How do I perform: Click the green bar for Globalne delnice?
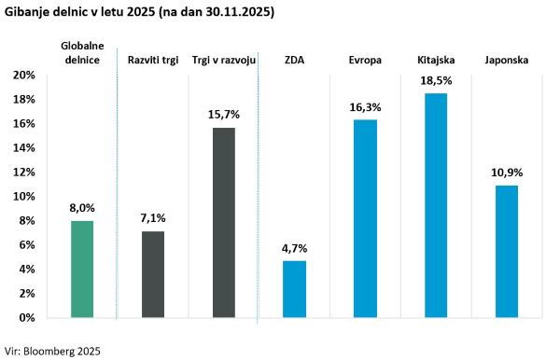(82, 269)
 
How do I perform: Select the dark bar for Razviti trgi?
(153, 274)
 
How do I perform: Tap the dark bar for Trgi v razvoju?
(223, 222)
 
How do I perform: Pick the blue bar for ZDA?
(295, 289)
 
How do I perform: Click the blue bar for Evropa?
(366, 218)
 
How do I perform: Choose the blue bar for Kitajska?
(436, 205)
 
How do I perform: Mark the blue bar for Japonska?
(507, 251)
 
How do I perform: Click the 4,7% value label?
(295, 249)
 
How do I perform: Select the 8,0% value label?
(82, 210)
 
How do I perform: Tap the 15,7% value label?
(223, 115)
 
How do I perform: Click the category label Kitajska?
(436, 59)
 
